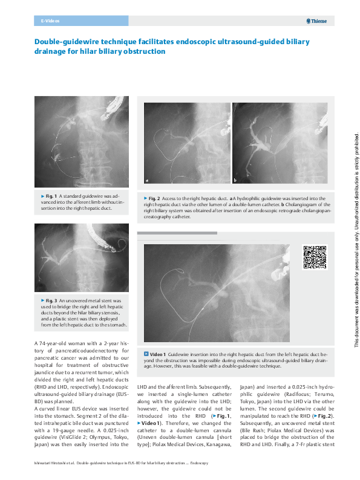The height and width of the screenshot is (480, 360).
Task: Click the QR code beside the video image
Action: click(x=314, y=257)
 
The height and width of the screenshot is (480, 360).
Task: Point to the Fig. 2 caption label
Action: click(x=154, y=198)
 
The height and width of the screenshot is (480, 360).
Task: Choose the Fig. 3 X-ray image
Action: click(x=81, y=257)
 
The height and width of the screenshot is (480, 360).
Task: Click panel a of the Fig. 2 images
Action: click(x=186, y=143)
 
